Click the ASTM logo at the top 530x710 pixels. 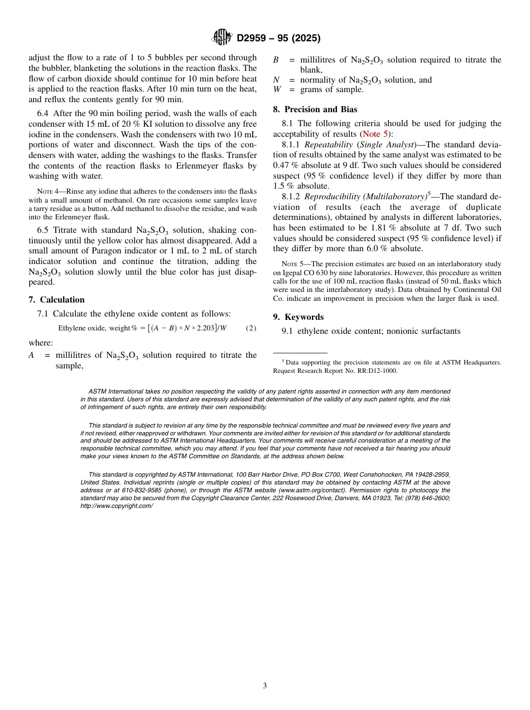pyautogui.click(x=221, y=37)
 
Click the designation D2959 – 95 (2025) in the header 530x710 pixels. pyautogui.click(x=278, y=39)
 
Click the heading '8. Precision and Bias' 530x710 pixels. pyautogui.click(x=315, y=109)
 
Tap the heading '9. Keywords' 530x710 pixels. pyautogui.click(x=298, y=317)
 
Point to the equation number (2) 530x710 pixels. pyautogui.click(x=251, y=328)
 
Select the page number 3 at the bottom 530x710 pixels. pyautogui.click(x=265, y=686)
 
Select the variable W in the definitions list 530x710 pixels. pyautogui.click(x=277, y=90)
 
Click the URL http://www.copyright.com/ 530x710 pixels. pyautogui.click(x=116, y=506)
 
